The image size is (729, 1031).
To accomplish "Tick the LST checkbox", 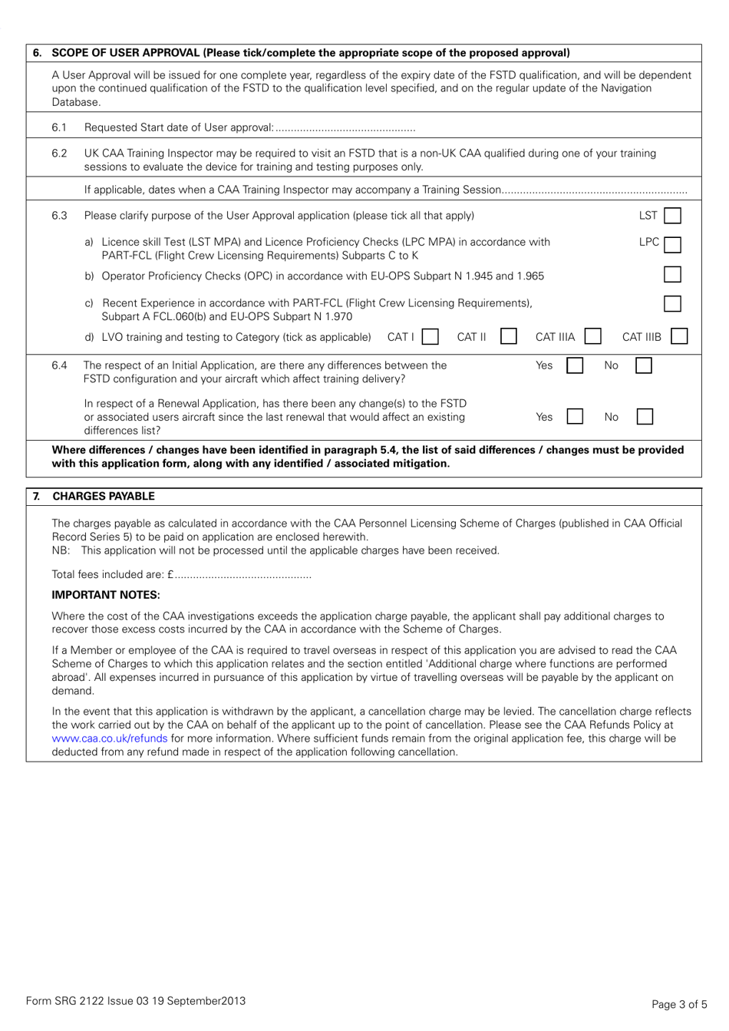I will point(672,216).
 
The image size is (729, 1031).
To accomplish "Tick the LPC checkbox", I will point(672,245).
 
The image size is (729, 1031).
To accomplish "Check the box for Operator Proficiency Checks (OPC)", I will point(672,275).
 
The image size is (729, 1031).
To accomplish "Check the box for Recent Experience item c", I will point(672,303).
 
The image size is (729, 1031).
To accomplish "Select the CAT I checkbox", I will point(430,336).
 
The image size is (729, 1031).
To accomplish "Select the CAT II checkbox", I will point(508,336).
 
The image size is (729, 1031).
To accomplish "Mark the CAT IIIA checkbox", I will point(592,336).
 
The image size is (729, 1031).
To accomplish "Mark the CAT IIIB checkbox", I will point(678,336).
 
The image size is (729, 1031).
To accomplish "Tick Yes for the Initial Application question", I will point(575,365).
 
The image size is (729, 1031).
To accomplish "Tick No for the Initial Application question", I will point(644,365).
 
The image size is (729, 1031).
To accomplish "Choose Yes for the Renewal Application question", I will point(575,417).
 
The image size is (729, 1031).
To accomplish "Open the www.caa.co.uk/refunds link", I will point(109,739).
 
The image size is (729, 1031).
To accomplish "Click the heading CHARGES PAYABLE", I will point(103,496).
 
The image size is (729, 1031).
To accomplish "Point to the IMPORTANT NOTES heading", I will point(106,595).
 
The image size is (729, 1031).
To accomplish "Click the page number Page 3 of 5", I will point(679,1004).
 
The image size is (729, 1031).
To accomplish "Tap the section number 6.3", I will point(59,216).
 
